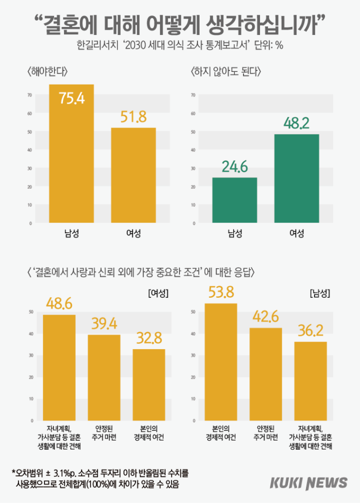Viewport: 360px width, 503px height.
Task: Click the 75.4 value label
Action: [x=71, y=98]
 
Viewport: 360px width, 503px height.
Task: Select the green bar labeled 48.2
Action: [x=296, y=178]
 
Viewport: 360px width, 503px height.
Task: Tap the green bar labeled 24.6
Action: [x=235, y=200]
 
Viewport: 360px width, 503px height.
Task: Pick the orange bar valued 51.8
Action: [x=133, y=175]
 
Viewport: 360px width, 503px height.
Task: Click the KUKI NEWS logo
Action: [x=309, y=482]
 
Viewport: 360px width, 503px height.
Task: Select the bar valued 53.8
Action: [x=221, y=362]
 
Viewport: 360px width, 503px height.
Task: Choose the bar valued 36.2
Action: [x=310, y=381]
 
